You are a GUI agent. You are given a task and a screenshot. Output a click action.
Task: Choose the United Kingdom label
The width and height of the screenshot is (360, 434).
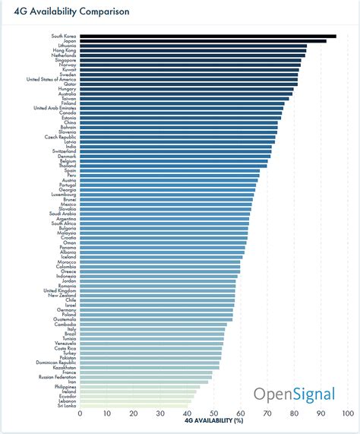[x=60, y=290]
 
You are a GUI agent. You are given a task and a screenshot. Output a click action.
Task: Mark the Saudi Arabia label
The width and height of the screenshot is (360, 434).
[x=63, y=214]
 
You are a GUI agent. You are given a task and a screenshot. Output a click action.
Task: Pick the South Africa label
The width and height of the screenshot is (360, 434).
[x=64, y=223]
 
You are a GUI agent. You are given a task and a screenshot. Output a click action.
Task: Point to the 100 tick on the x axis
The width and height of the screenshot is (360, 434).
[x=347, y=413]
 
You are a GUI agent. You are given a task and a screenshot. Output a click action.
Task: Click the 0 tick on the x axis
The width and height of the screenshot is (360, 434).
[x=80, y=413]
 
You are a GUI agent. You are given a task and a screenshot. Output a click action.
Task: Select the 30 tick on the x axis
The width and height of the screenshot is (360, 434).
[x=160, y=413]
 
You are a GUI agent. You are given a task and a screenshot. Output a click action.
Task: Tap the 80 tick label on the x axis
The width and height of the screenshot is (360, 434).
[x=294, y=413]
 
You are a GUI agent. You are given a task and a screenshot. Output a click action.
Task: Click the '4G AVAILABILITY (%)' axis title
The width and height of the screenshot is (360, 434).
[x=213, y=420]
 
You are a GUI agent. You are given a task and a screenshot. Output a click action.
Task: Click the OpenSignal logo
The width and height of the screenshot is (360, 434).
[x=293, y=394]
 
